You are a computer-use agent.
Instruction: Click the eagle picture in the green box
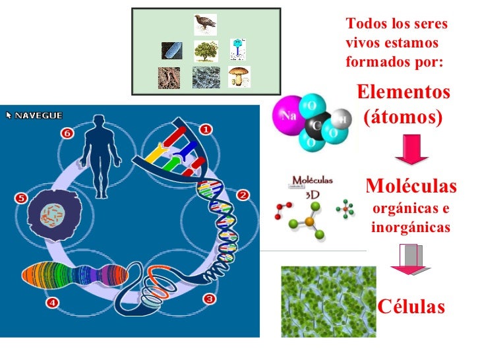point(206,24)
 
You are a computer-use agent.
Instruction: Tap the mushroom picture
point(239,76)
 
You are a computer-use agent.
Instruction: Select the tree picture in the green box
point(206,51)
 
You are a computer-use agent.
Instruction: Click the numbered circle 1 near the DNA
point(206,129)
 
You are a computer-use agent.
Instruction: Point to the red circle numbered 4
point(52,303)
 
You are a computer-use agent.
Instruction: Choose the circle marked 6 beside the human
point(67,133)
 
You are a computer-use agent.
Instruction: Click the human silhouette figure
point(101,156)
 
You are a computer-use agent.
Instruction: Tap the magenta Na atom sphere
point(287,115)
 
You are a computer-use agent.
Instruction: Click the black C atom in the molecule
point(317,125)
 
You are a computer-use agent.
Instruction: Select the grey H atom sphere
point(342,119)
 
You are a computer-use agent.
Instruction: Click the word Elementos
point(404,92)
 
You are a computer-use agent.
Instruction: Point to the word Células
point(411,306)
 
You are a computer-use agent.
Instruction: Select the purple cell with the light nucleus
point(55,215)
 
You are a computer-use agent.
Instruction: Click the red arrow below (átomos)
point(411,150)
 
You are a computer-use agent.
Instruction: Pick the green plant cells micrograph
point(328,302)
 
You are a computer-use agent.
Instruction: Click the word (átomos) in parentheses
point(403,117)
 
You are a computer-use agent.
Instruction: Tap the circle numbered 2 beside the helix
point(243,195)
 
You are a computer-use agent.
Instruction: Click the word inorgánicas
point(411,227)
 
